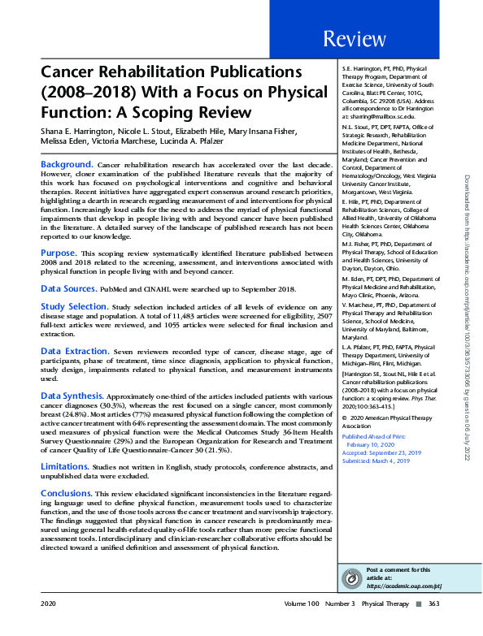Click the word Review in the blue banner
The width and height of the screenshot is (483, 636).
pyautogui.click(x=354, y=39)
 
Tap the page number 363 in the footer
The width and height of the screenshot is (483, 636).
pyautogui.click(x=433, y=604)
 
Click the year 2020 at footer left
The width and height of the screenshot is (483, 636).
pyautogui.click(x=49, y=604)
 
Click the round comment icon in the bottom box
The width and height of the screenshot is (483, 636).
pyautogui.click(x=350, y=577)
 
